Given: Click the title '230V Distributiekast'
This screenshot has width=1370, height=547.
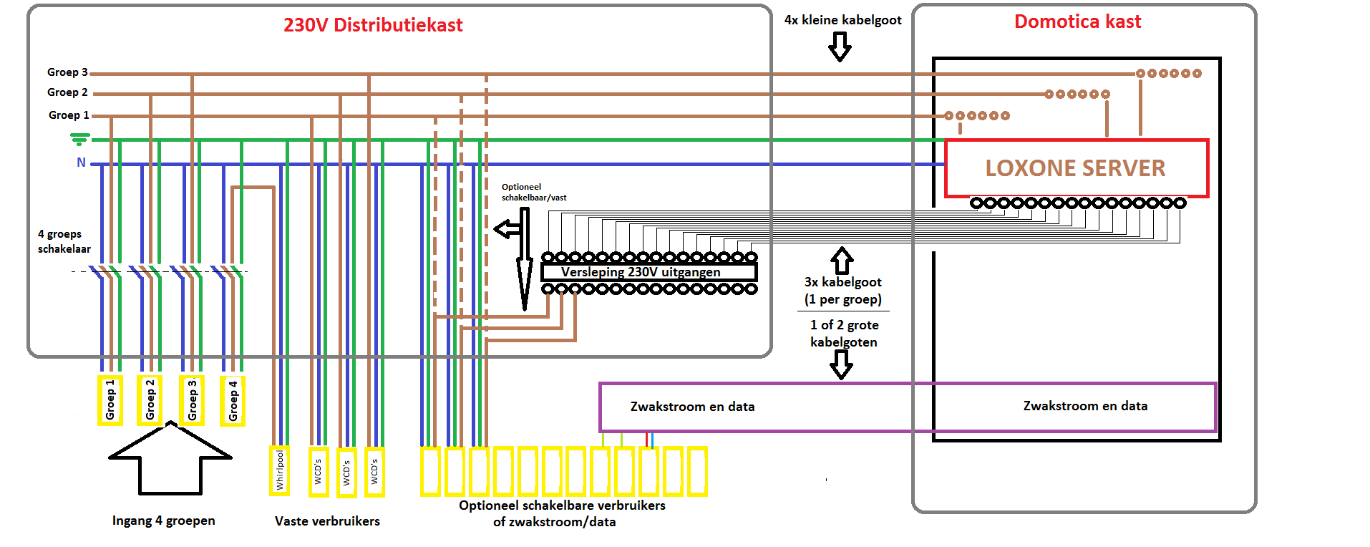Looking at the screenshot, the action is [373, 25].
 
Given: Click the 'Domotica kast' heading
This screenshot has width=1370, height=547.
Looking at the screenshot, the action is [1077, 21].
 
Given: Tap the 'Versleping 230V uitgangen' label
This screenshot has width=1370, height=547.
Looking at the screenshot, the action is [641, 272].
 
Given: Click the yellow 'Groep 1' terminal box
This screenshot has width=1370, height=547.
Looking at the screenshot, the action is [110, 400].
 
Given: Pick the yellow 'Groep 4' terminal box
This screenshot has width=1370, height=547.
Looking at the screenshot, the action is [233, 401].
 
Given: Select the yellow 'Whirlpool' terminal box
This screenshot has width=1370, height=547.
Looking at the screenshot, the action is [279, 470].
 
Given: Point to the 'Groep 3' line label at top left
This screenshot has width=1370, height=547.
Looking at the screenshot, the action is [67, 72].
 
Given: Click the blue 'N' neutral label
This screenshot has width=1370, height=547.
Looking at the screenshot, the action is [81, 163].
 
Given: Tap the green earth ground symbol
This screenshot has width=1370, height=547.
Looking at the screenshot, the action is [79, 139].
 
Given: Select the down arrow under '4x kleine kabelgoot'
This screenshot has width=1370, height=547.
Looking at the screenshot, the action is [840, 47].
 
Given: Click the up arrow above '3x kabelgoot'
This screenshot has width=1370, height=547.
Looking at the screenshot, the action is [842, 261].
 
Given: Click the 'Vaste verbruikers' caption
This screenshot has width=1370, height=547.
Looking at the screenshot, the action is [327, 521].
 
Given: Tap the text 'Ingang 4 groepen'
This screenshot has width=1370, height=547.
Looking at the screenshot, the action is [163, 521].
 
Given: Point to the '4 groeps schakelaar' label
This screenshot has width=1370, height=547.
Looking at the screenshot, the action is [64, 241].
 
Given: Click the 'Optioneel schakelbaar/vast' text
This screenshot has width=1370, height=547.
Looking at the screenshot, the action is [534, 192].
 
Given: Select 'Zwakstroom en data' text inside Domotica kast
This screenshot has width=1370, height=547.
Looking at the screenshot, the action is [1085, 406].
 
